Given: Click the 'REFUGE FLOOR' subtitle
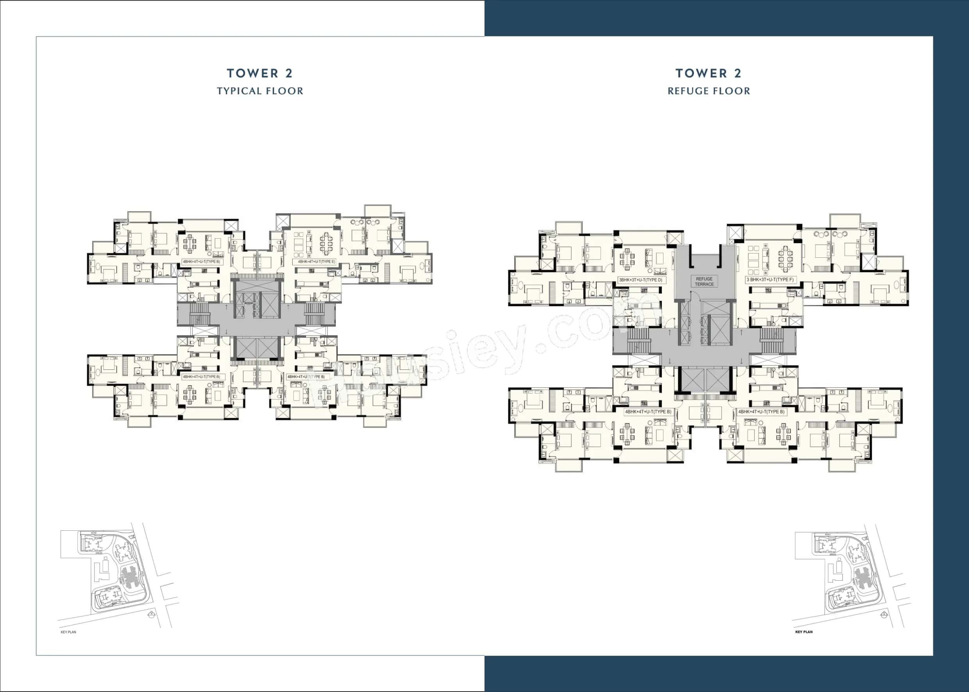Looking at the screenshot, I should [708, 91].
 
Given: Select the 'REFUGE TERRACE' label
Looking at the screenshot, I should [704, 281].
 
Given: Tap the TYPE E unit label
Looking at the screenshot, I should [316, 262].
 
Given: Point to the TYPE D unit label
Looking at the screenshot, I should [640, 280].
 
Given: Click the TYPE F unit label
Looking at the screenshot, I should [770, 280].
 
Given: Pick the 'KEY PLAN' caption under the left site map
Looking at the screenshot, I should [68, 632].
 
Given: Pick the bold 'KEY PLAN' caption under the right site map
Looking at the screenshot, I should [804, 632].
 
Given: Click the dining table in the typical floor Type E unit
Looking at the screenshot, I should [326, 243].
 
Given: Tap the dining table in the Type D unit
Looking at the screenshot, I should [627, 259].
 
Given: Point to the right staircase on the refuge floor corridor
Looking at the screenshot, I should [772, 341].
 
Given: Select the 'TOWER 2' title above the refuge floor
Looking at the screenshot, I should [708, 73].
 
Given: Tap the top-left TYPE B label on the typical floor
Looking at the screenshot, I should [201, 262].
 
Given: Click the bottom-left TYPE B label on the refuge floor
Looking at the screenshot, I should [647, 412].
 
